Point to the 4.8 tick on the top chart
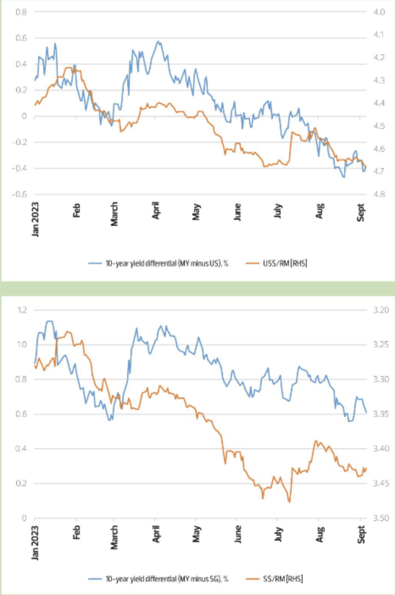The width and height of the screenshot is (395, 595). pyautogui.click(x=379, y=194)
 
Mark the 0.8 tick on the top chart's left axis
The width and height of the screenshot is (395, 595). pyautogui.click(x=21, y=12)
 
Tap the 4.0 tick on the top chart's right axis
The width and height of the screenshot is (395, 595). pyautogui.click(x=379, y=12)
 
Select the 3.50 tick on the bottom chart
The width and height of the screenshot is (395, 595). pyautogui.click(x=381, y=518)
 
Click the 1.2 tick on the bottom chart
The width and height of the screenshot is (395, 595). pyautogui.click(x=21, y=310)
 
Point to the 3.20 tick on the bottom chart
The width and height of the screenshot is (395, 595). pyautogui.click(x=381, y=310)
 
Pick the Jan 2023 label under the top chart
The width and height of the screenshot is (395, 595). pyautogui.click(x=35, y=219)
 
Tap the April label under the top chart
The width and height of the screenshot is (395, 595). pyautogui.click(x=156, y=210)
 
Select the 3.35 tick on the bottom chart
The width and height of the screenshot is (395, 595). pyautogui.click(x=381, y=414)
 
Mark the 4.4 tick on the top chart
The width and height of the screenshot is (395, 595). pyautogui.click(x=379, y=103)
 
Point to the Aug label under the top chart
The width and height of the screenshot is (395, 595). pyautogui.click(x=320, y=210)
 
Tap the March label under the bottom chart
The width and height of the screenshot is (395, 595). pyautogui.click(x=114, y=537)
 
